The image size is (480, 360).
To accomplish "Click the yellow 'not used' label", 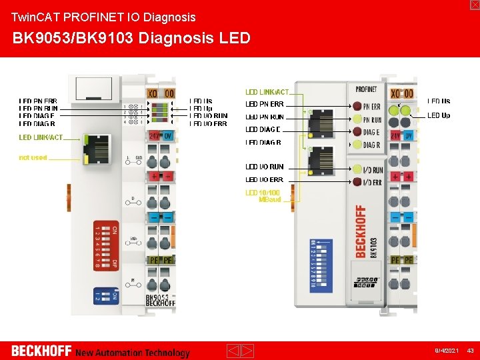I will tap(33, 157).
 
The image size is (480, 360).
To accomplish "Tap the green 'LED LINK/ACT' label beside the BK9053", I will tap(41, 137).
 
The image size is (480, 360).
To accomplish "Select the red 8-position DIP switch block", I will tap(106, 246).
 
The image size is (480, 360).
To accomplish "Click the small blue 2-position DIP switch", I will tap(105, 293).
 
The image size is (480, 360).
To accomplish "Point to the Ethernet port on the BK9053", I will tap(93, 141).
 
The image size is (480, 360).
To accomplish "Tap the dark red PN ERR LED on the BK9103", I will tap(357, 107).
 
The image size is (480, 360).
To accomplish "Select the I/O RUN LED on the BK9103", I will tap(357, 170).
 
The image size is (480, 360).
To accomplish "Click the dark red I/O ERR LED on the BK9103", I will tap(357, 182).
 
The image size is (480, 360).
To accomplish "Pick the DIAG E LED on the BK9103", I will tap(357, 132).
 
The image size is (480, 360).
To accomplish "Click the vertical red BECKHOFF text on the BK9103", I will tap(361, 231).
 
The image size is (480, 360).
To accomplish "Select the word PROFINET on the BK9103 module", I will tap(366, 89).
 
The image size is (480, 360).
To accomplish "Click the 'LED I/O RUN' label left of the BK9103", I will tap(265, 167).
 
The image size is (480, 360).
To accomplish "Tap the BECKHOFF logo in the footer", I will tap(41, 351).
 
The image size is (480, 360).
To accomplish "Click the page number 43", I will tap(469, 351).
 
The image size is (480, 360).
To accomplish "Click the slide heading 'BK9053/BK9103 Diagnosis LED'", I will tap(131, 37).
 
